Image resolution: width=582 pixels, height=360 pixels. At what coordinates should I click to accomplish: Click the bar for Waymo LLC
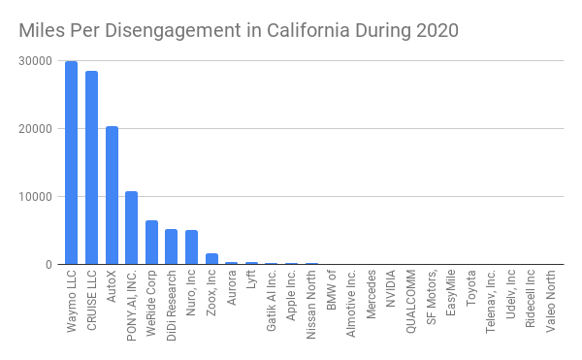(x=71, y=163)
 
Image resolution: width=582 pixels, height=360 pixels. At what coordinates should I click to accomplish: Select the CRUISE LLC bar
(x=92, y=167)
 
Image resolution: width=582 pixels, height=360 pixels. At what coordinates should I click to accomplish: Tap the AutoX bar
(x=112, y=195)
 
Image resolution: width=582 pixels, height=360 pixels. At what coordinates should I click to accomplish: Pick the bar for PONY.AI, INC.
(x=131, y=228)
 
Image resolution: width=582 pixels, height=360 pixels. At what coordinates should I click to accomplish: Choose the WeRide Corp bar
(x=152, y=243)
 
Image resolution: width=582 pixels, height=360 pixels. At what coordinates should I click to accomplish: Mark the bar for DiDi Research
(x=171, y=246)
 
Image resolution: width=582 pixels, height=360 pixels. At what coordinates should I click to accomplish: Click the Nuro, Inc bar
(x=191, y=247)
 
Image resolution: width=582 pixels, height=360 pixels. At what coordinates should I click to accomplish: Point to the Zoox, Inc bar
(x=211, y=259)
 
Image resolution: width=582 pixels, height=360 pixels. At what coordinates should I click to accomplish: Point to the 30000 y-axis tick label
(x=35, y=61)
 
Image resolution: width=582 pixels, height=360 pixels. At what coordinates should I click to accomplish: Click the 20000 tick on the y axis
(x=35, y=129)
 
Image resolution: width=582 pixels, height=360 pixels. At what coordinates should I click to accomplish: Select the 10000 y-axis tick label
(x=35, y=197)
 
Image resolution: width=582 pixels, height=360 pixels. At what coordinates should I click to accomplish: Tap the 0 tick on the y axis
(x=49, y=265)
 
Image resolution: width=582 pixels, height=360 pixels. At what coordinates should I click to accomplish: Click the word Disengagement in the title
(x=174, y=31)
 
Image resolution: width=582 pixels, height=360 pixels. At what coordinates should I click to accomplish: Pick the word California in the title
(x=308, y=30)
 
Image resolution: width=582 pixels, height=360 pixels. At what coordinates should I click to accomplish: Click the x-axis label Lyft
(x=251, y=279)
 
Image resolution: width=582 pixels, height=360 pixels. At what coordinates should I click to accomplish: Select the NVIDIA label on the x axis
(x=391, y=289)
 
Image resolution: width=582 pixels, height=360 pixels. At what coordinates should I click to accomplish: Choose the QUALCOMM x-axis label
(x=410, y=302)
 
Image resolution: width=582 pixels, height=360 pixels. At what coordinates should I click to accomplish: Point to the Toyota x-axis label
(x=470, y=288)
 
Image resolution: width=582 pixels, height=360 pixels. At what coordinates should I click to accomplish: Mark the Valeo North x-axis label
(x=551, y=301)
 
